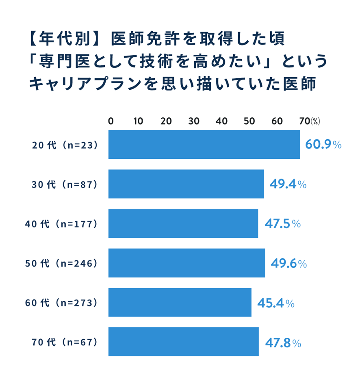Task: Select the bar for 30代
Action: point(186,184)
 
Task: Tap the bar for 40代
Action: point(183,223)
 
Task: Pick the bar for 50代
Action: point(187,263)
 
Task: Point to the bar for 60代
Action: point(180,302)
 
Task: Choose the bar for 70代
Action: point(184,342)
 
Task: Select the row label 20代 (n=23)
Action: point(65,145)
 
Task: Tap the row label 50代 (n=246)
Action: point(62,263)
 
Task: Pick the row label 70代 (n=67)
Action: point(65,342)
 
